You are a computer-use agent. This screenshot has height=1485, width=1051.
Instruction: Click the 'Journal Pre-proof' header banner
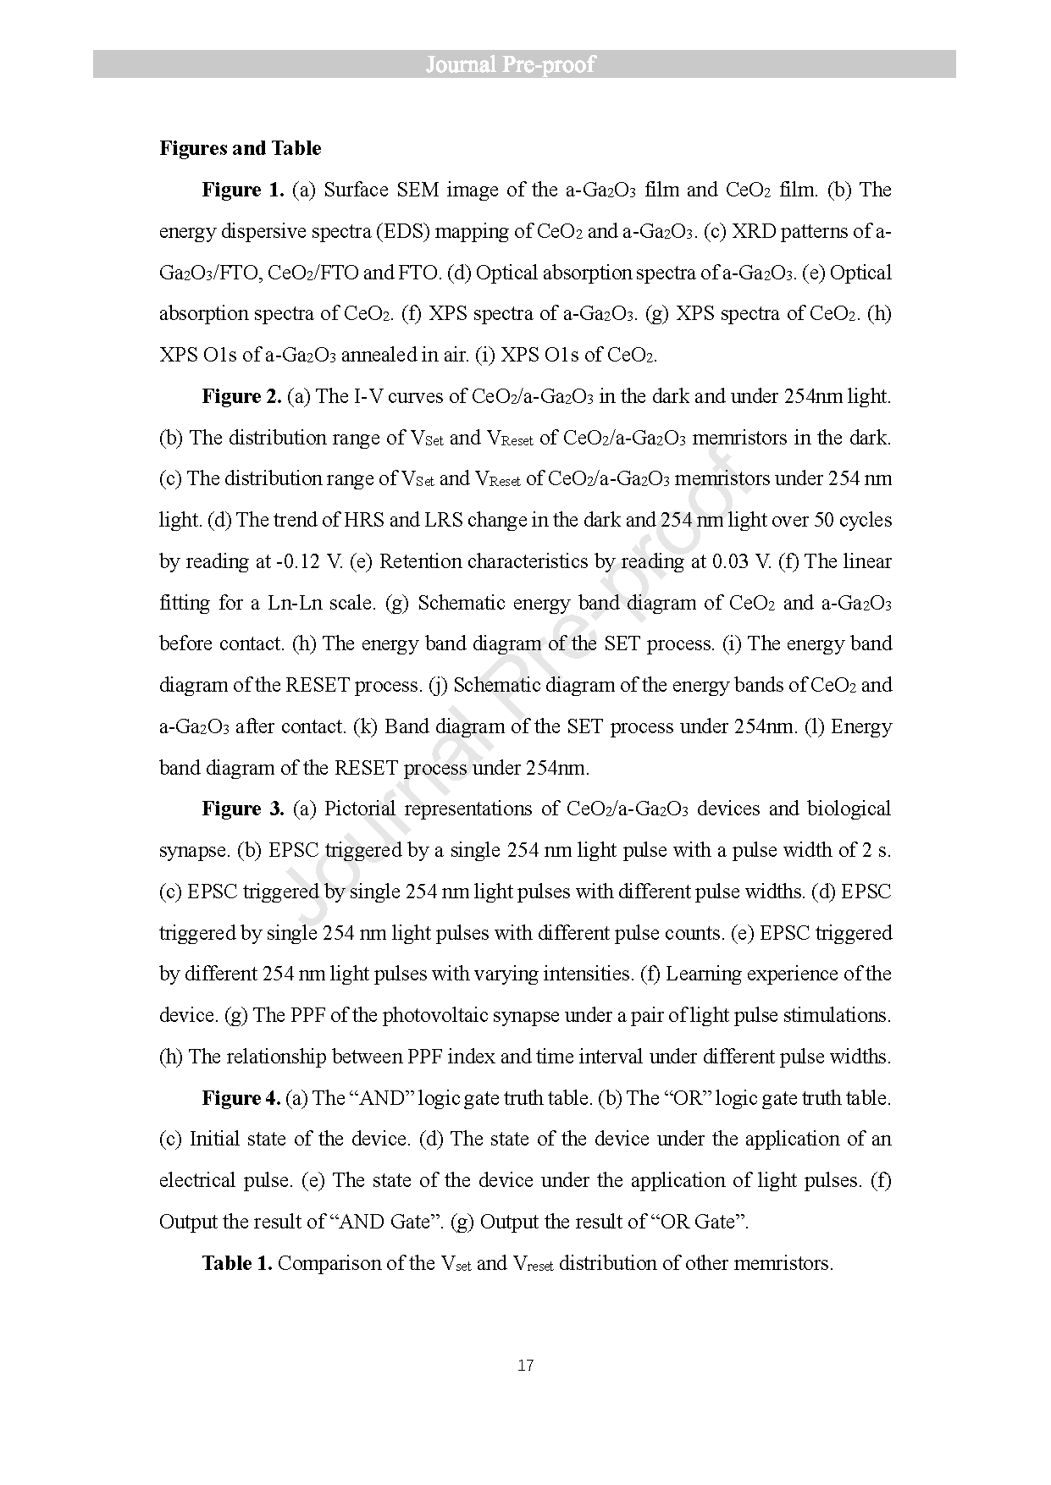[x=524, y=64]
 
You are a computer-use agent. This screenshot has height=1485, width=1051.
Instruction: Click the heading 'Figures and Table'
[x=241, y=148]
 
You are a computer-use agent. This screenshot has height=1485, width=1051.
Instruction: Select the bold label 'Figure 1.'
[x=243, y=190]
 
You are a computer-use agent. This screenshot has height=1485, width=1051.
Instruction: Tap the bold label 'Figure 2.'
[x=241, y=396]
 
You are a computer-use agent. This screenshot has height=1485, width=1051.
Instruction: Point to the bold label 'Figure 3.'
[x=243, y=809]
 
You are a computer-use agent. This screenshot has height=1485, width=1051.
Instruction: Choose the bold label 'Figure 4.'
[x=241, y=1098]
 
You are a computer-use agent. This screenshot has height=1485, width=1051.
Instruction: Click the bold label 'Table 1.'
[x=237, y=1263]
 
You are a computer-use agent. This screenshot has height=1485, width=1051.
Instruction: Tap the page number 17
[x=525, y=1366]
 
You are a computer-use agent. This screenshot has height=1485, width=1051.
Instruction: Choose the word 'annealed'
[x=379, y=355]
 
